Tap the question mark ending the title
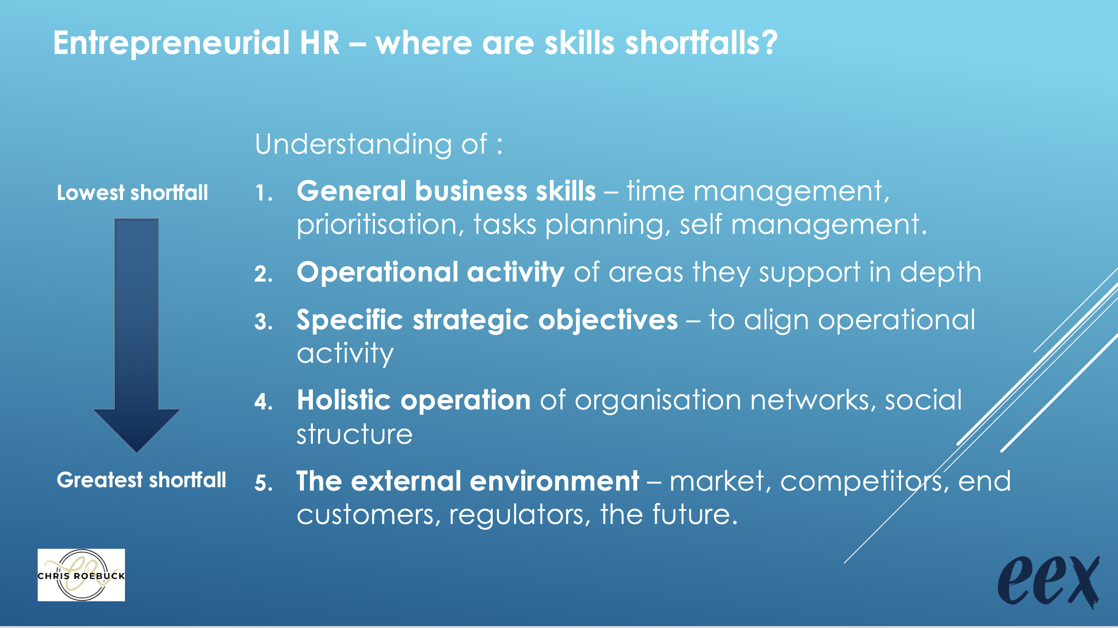[x=769, y=42]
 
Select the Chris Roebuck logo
[x=81, y=575]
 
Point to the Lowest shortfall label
[x=133, y=193]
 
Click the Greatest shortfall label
[x=142, y=480]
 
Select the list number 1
[x=263, y=193]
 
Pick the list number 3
[x=263, y=322]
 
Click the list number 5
[x=263, y=483]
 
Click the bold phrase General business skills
[x=446, y=191]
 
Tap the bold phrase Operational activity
[x=431, y=272]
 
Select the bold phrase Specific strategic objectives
[x=487, y=320]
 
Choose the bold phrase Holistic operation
[x=414, y=400]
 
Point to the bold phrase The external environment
[x=467, y=481]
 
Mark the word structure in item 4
[x=354, y=434]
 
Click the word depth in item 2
[x=940, y=272]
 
